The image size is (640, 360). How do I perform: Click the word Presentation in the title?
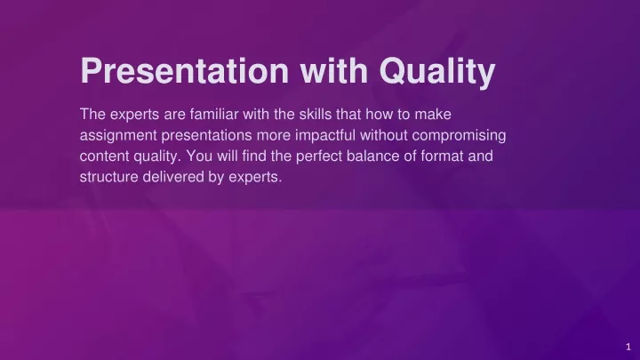pyautogui.click(x=185, y=70)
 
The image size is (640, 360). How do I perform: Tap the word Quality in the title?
pyautogui.click(x=437, y=72)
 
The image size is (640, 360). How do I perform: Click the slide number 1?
pyautogui.click(x=628, y=347)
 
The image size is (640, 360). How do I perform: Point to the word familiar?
pyautogui.click(x=214, y=115)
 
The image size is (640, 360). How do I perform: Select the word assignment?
pyautogui.click(x=118, y=136)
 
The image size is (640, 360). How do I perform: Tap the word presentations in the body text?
pyautogui.click(x=207, y=136)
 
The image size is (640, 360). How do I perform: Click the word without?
pyautogui.click(x=384, y=135)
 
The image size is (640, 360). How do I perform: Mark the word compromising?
pyautogui.click(x=459, y=136)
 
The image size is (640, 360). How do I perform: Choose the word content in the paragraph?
pyautogui.click(x=105, y=156)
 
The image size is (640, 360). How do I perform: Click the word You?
pyautogui.click(x=199, y=156)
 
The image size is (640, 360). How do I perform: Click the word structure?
pyautogui.click(x=109, y=177)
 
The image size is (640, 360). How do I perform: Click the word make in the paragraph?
pyautogui.click(x=433, y=115)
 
